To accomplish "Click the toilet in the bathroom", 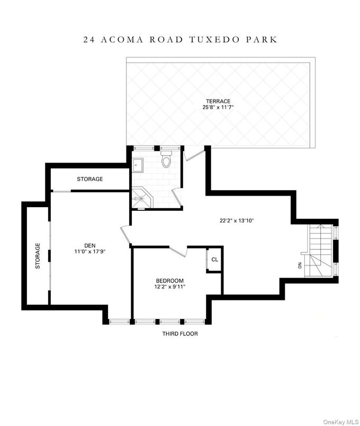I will point(166,159).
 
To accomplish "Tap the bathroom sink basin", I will point(138,165).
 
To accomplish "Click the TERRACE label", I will point(219,101).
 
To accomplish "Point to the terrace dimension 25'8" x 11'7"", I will point(219,108).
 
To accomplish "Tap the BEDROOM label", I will point(169,280).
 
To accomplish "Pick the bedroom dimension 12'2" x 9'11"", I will point(169,287).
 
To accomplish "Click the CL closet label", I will point(214,260).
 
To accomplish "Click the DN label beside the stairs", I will point(300,265).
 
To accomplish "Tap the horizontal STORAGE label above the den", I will point(90,179).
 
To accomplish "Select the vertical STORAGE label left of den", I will point(38,256).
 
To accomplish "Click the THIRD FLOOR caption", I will point(180,334).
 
